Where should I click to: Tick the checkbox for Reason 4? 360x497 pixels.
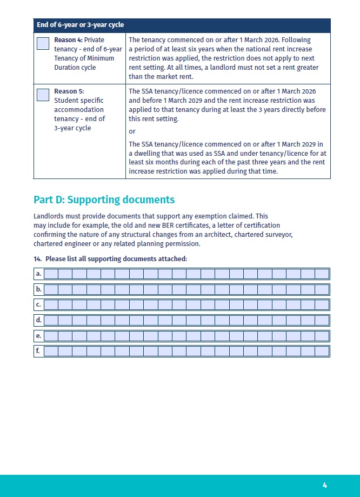(x=43, y=44)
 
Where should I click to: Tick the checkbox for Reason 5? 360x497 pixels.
(x=43, y=95)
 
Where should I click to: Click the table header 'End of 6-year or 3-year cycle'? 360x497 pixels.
(x=80, y=25)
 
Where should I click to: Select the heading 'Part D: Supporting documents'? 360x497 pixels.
(x=104, y=200)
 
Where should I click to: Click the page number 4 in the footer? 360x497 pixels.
(x=325, y=485)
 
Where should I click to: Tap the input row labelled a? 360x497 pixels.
(x=186, y=274)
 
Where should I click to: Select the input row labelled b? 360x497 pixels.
(x=186, y=289)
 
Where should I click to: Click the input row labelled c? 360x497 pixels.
(x=186, y=304)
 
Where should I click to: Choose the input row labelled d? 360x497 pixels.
(x=186, y=320)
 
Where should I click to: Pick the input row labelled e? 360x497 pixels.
(x=186, y=336)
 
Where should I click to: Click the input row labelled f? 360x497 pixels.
(x=186, y=351)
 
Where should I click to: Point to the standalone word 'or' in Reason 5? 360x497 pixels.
(x=132, y=131)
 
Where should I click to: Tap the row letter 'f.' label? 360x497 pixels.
(x=38, y=351)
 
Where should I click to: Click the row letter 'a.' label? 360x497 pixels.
(x=38, y=274)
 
